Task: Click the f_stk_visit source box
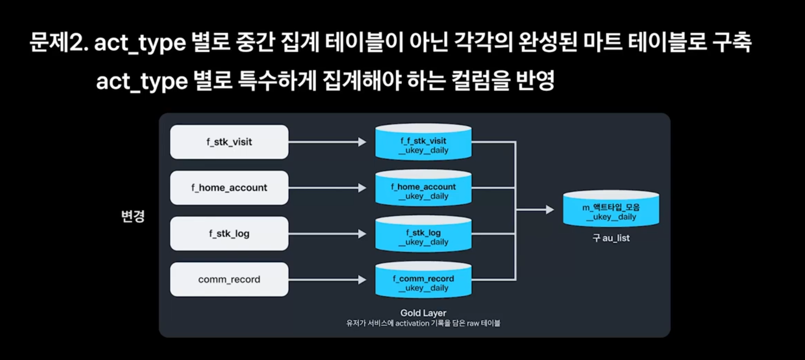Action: point(229,142)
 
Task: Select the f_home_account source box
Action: point(229,188)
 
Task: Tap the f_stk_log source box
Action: point(229,234)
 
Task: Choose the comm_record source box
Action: point(229,279)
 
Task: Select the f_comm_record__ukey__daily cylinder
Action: point(423,281)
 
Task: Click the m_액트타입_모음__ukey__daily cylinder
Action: point(611,210)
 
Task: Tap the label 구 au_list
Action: point(611,238)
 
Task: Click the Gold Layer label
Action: point(423,313)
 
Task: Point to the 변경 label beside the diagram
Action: point(133,216)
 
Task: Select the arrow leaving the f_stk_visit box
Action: point(327,142)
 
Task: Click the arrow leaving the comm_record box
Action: point(327,279)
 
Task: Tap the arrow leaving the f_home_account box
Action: point(327,188)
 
